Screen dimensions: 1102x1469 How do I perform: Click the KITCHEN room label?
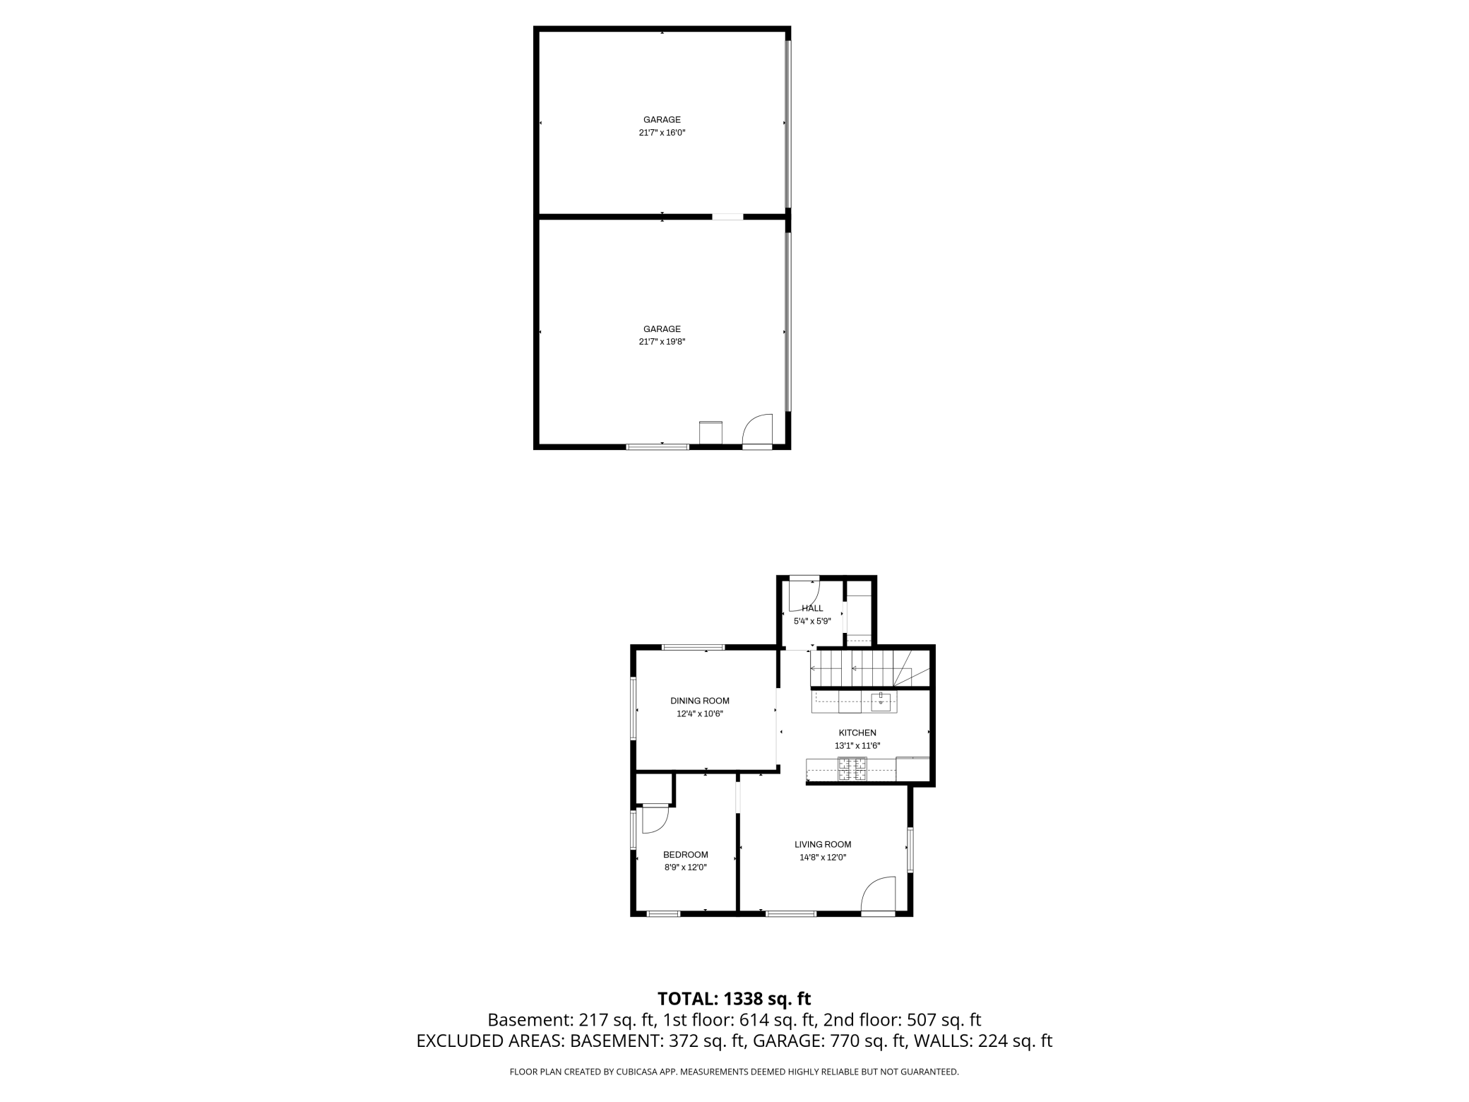(857, 733)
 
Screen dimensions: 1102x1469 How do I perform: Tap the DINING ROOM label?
(699, 701)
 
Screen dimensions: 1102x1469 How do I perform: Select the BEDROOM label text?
(685, 855)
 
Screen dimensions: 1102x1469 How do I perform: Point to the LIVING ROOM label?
(823, 844)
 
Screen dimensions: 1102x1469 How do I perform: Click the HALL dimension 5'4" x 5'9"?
(812, 622)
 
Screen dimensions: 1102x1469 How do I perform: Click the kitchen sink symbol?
(880, 702)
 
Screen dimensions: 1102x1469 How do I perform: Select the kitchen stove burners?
(852, 769)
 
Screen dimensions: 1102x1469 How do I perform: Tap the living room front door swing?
(879, 895)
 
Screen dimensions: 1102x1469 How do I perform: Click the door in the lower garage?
(758, 430)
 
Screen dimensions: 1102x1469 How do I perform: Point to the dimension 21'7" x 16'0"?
(662, 133)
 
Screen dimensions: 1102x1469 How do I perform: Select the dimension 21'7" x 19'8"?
(662, 342)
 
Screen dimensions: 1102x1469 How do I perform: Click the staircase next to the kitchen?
(869, 668)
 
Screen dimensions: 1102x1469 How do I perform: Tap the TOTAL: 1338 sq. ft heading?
(734, 999)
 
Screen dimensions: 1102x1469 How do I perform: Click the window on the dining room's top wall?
(693, 647)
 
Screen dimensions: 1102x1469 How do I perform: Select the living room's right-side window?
(910, 850)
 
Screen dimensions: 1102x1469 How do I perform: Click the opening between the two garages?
(727, 217)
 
